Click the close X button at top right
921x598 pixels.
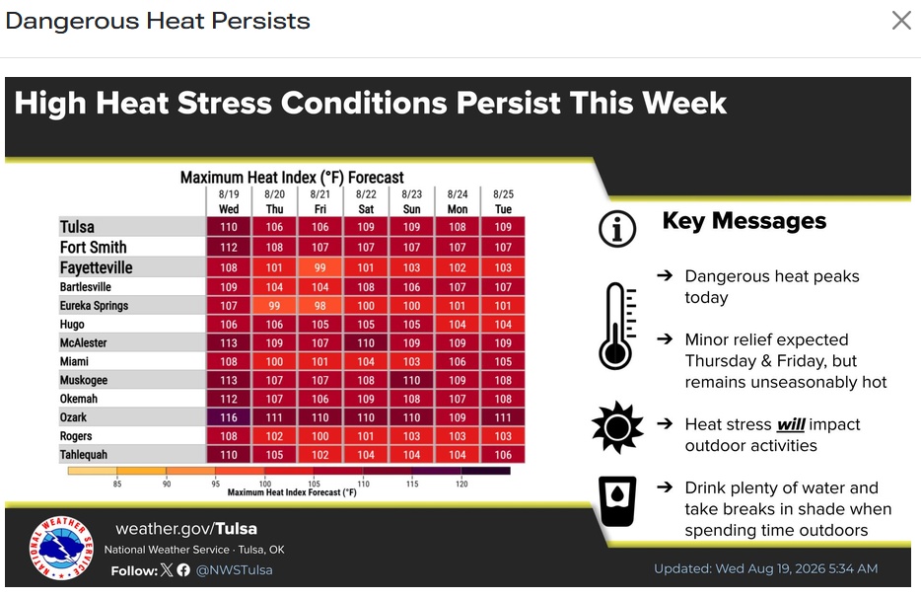901,21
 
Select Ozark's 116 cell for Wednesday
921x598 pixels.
229,417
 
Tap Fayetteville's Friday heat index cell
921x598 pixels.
320,267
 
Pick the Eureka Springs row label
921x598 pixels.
94,306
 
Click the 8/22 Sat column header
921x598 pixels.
366,201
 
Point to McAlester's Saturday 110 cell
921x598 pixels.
366,342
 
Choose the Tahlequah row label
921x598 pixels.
84,455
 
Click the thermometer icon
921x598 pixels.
616,326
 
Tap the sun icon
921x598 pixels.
617,427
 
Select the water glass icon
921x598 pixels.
617,501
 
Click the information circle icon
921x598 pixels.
617,229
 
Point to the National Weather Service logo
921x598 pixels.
61,548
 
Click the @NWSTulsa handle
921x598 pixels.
235,569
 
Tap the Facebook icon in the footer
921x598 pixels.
183,569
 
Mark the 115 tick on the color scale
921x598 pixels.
412,484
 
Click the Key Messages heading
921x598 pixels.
744,221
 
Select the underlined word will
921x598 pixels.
791,424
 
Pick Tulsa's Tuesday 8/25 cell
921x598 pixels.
503,227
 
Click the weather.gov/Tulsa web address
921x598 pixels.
186,529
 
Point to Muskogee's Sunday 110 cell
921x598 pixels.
412,381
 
